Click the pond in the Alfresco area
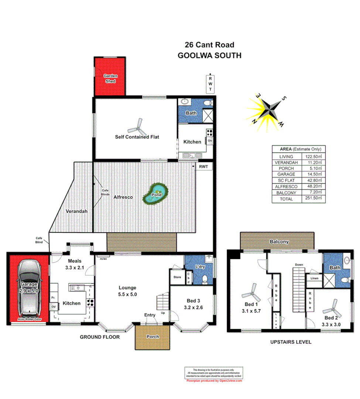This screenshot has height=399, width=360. coord(155,195)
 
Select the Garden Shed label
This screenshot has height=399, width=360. coord(110,78)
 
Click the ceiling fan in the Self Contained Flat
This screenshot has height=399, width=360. coord(137,127)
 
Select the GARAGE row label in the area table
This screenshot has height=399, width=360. coord(287,174)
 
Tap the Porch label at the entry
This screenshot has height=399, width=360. coord(153,337)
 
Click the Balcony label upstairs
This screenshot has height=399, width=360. coord(279,242)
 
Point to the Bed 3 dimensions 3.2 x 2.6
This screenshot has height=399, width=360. coord(193,307)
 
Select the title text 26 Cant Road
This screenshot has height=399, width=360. coord(209,45)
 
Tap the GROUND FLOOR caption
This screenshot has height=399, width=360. coord(100,337)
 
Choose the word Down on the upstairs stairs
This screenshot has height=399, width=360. coord(299,265)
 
